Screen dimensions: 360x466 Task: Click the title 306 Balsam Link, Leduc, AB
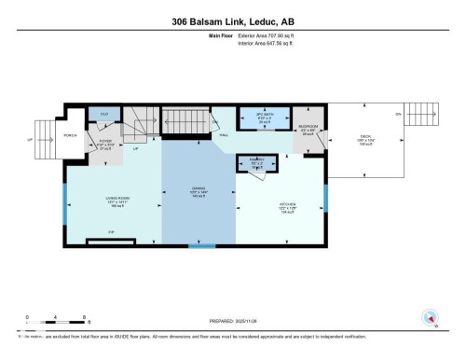pos(232,21)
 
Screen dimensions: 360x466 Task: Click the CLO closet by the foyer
pos(104,116)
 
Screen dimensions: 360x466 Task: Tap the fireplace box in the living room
pos(111,242)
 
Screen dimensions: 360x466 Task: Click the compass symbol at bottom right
pos(430,317)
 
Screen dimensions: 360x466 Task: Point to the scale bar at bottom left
pos(47,323)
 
